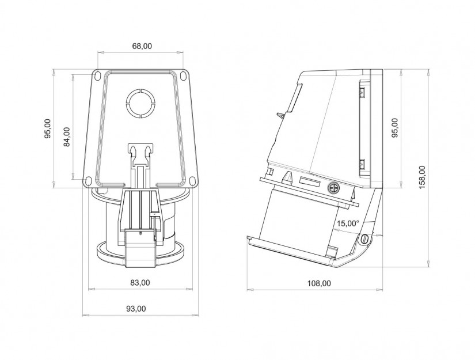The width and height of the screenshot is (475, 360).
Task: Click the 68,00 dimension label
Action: (142, 46)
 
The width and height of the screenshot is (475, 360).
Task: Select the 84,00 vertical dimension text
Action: (67, 137)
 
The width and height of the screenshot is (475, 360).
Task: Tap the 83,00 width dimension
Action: (140, 282)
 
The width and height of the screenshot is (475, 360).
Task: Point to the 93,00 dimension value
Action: (136, 309)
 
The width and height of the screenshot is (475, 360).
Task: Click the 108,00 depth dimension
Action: (320, 283)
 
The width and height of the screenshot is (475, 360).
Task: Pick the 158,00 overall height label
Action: (422, 177)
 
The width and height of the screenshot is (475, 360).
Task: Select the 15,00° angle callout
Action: (348, 223)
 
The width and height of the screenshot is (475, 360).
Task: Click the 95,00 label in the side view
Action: (396, 128)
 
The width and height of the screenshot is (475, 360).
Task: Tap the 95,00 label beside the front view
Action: (48, 129)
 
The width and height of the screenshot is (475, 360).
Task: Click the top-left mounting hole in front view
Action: (97, 76)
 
